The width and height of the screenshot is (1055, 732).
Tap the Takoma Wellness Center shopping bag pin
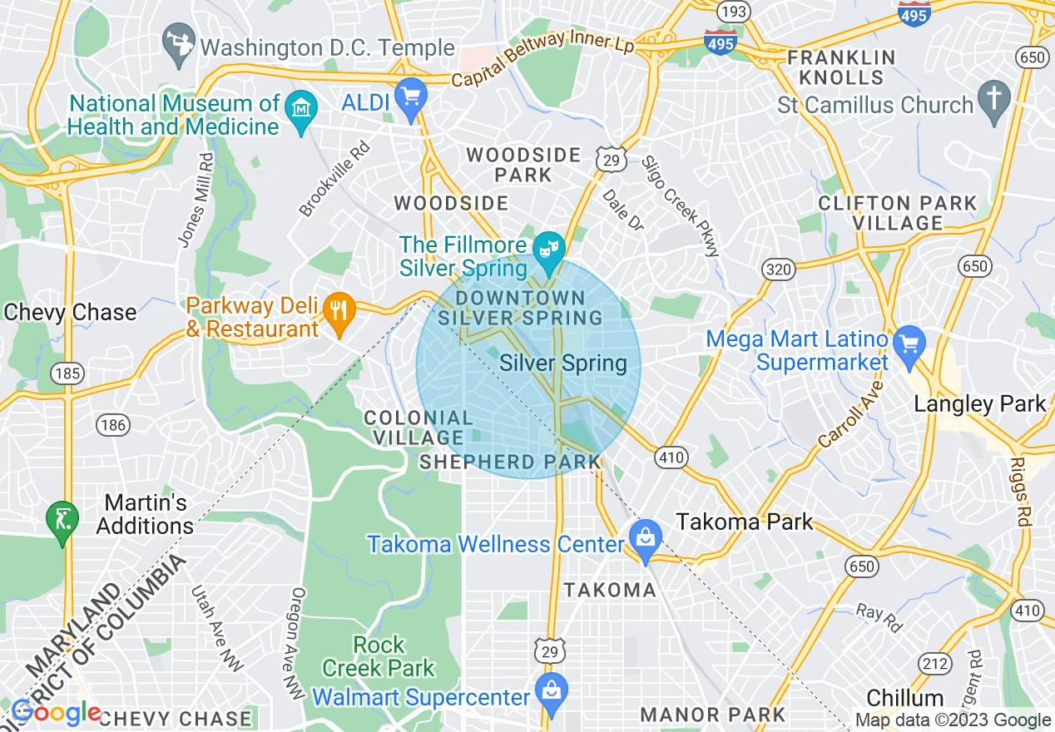[x=646, y=539]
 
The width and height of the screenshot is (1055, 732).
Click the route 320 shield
[x=778, y=269]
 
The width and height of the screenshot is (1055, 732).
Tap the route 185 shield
[x=67, y=373]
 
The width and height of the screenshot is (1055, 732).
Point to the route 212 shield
[x=934, y=663]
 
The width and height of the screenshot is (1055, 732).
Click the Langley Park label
[x=980, y=404]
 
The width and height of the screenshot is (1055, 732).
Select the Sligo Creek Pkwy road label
[x=679, y=205]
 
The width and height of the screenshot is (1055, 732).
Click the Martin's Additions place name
[x=145, y=514]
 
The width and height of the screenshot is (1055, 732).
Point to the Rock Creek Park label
[x=379, y=656]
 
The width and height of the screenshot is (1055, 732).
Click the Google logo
[x=56, y=713]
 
